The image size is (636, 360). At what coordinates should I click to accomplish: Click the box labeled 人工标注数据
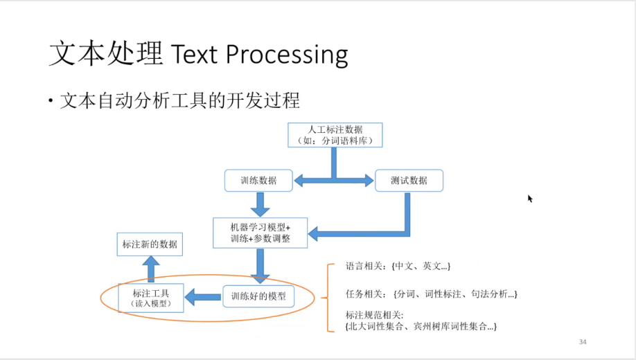point(335,134)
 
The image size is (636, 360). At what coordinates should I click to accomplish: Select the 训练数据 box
point(258,181)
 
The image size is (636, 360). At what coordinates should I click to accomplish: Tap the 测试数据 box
point(409,181)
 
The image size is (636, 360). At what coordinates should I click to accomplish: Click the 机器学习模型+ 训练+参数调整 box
point(260,233)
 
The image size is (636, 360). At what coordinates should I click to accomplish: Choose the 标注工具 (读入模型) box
point(151,297)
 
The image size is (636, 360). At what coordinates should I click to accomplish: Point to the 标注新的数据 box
point(150,244)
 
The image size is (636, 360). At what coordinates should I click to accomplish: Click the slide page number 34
point(582,342)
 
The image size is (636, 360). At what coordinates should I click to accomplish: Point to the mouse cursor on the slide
point(530,199)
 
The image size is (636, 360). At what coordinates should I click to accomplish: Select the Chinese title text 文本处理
point(105,54)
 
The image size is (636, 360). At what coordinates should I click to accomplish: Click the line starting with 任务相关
point(430,294)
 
